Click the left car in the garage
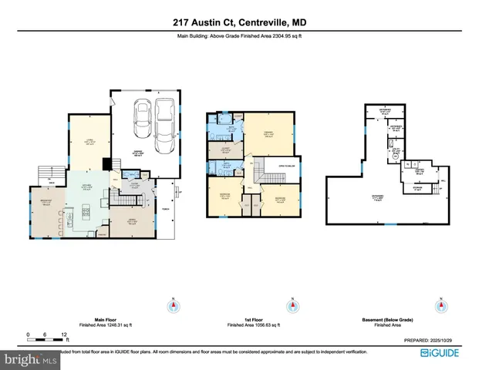point(141,119)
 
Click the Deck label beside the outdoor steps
point(49,181)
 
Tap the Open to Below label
point(277,163)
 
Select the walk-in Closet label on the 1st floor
point(228,148)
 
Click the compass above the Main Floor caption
point(174,306)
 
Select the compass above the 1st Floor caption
point(293,306)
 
